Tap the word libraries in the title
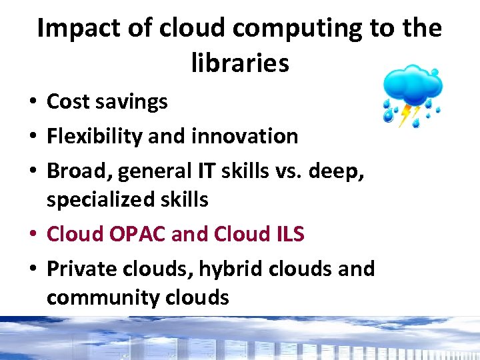click(240, 63)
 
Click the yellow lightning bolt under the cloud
click(405, 115)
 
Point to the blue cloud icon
click(413, 84)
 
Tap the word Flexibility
click(95, 137)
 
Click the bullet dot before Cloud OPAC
click(32, 235)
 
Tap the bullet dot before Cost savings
click(32, 102)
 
